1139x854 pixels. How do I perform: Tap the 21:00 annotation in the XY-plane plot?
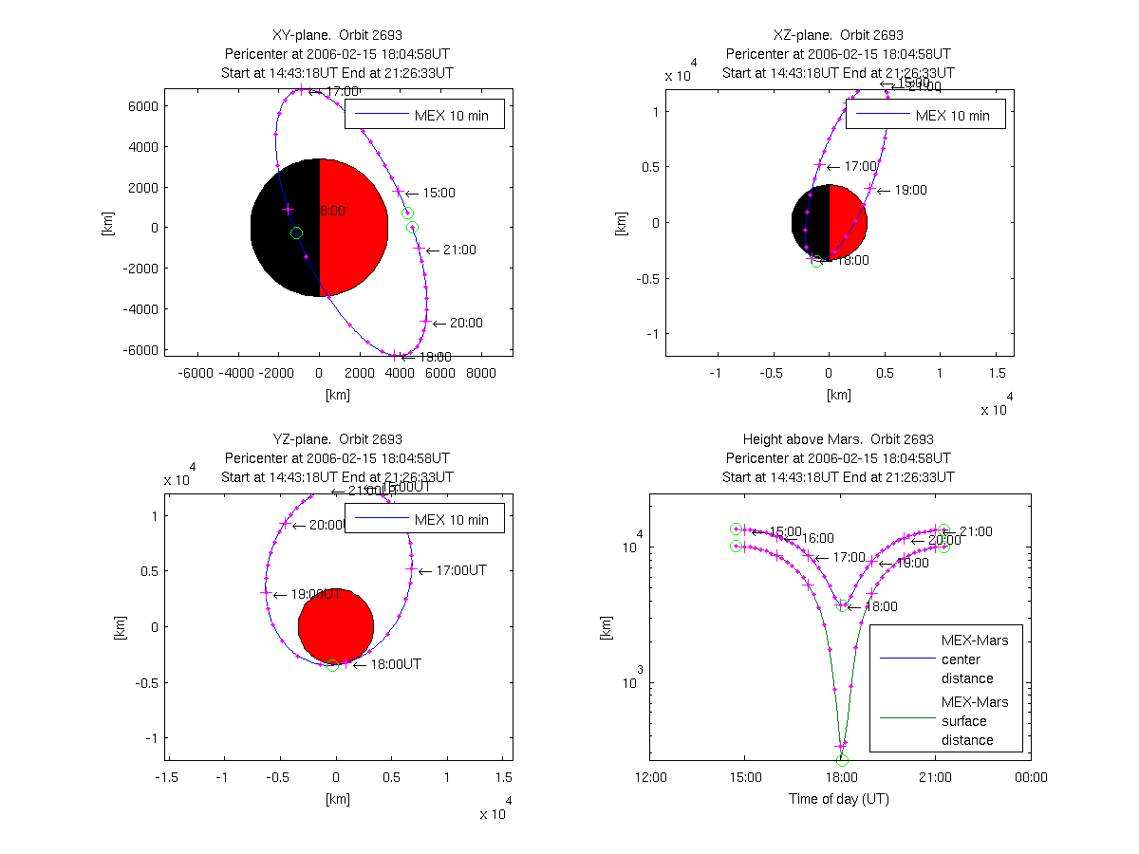pyautogui.click(x=459, y=251)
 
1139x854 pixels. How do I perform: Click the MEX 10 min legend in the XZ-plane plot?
pyautogui.click(x=925, y=115)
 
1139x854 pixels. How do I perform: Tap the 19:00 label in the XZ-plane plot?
pyautogui.click(x=909, y=191)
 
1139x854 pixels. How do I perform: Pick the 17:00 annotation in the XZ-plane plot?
pyautogui.click(x=860, y=166)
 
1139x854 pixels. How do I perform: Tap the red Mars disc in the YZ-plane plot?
pyautogui.click(x=336, y=626)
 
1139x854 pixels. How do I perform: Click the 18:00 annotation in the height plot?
pyautogui.click(x=878, y=606)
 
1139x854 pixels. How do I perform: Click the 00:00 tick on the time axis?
pyautogui.click(x=1031, y=778)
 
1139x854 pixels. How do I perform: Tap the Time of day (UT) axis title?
pyautogui.click(x=839, y=799)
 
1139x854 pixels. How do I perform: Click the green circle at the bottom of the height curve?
pyautogui.click(x=842, y=760)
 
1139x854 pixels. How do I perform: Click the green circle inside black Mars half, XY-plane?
pyautogui.click(x=296, y=232)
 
